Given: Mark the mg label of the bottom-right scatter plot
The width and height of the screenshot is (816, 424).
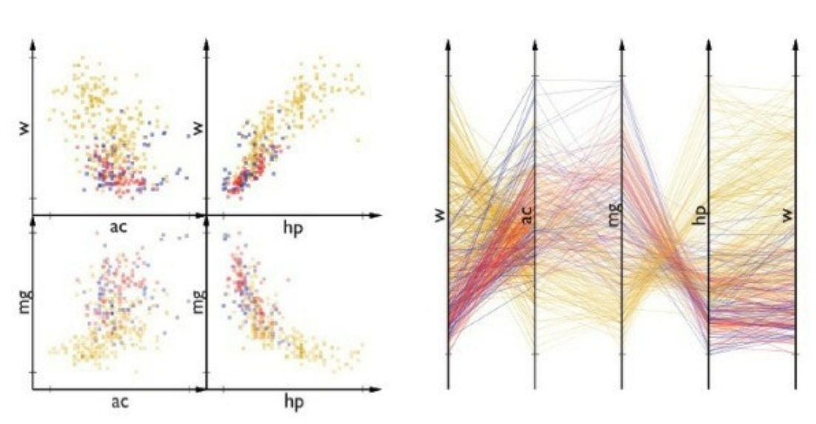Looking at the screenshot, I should click(x=196, y=304).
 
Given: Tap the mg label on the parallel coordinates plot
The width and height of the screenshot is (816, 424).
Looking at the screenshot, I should click(x=613, y=214).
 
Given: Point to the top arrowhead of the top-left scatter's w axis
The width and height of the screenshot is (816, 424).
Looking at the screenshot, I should click(x=33, y=46).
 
